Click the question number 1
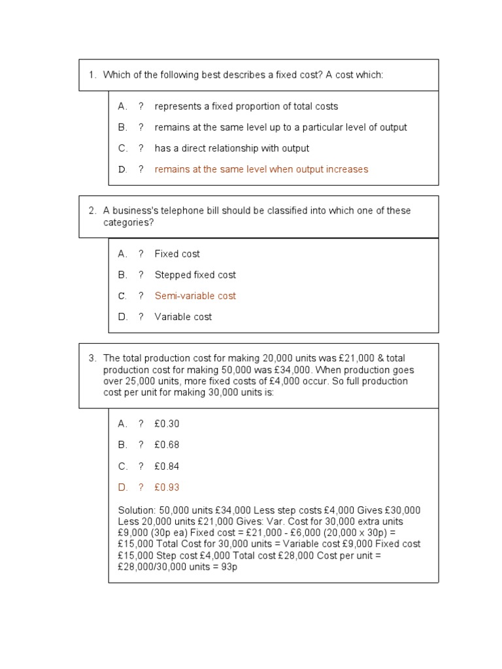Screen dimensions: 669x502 pyautogui.click(x=92, y=75)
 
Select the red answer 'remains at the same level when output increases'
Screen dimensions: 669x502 pyautogui.click(x=261, y=169)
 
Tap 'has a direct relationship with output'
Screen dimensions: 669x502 pyautogui.click(x=232, y=148)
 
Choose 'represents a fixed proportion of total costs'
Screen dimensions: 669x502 pyautogui.click(x=246, y=106)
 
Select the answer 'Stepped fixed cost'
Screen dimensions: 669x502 pyautogui.click(x=195, y=275)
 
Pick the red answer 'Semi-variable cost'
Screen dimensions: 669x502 pyautogui.click(x=195, y=296)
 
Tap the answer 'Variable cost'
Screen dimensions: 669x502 pyautogui.click(x=183, y=317)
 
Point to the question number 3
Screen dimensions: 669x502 pyautogui.click(x=92, y=358)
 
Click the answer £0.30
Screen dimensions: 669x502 pyautogui.click(x=167, y=424)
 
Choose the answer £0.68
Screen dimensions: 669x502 pyautogui.click(x=167, y=445)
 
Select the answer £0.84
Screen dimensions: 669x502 pyautogui.click(x=167, y=466)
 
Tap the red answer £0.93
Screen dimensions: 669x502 pyautogui.click(x=167, y=487)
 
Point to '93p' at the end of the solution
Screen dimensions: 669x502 pyautogui.click(x=228, y=567)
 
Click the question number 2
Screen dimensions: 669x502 pyautogui.click(x=92, y=211)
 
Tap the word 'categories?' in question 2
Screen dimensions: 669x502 pyautogui.click(x=128, y=223)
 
